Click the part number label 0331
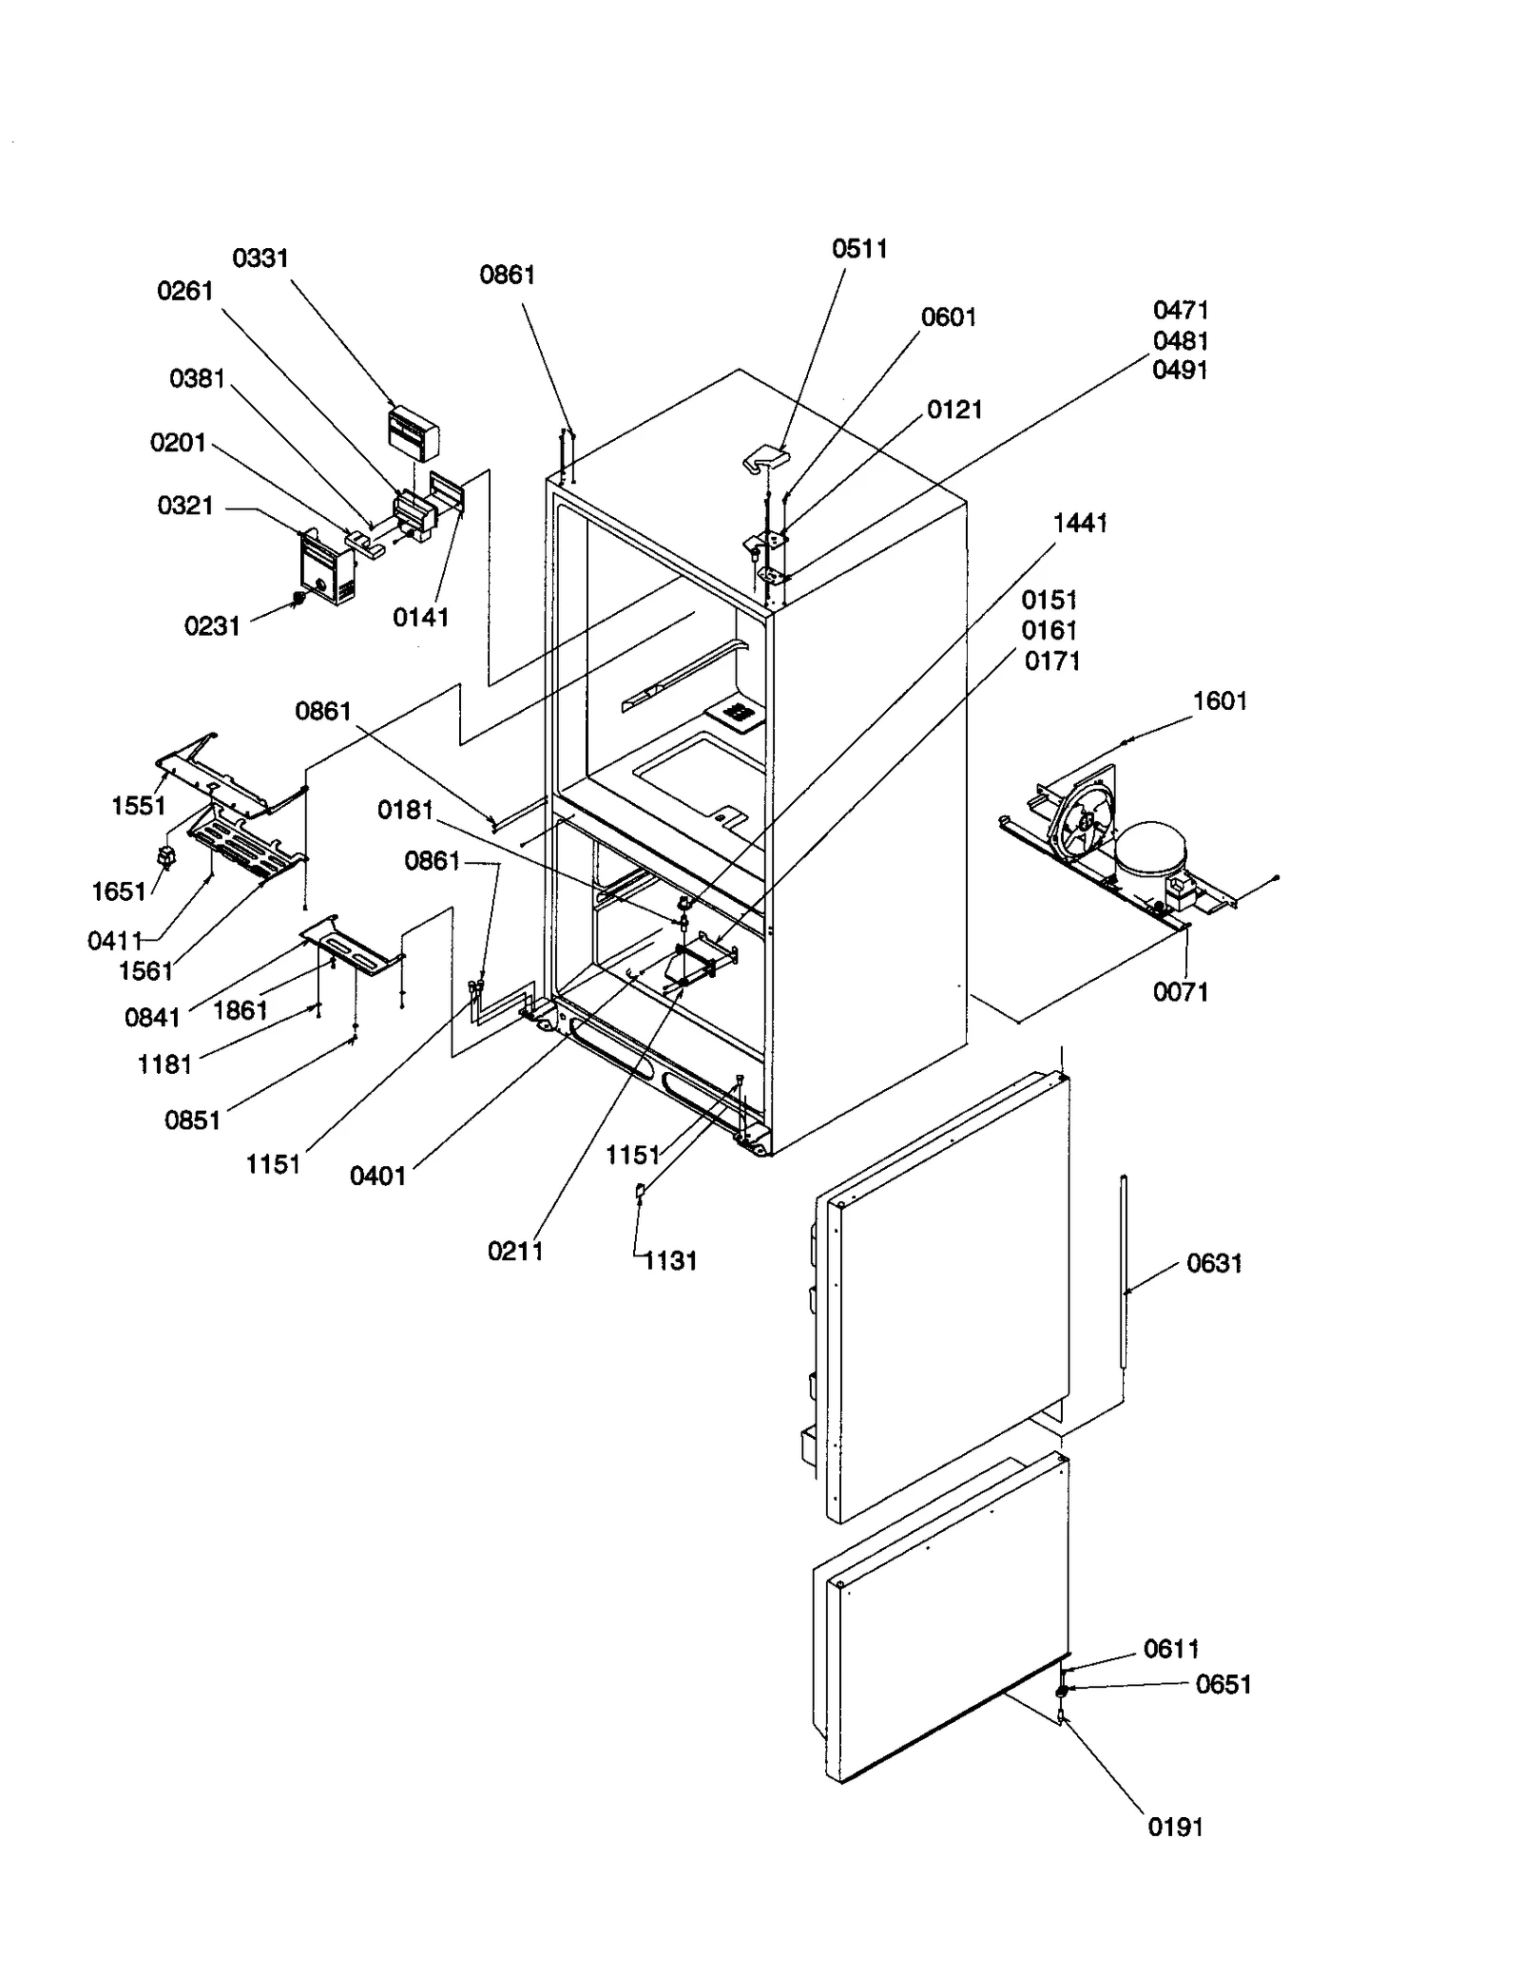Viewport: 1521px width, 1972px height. [x=260, y=258]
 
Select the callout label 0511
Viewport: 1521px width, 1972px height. [x=859, y=249]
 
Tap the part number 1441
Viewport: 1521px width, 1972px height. [x=1080, y=523]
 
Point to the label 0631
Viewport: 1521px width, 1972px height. [x=1214, y=1263]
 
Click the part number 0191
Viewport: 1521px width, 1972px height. [x=1175, y=1827]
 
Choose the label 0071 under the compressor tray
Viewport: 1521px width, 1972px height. [x=1180, y=992]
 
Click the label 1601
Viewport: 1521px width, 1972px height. [x=1220, y=701]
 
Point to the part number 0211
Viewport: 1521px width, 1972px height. [x=515, y=1251]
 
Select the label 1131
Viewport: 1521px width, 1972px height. [x=670, y=1261]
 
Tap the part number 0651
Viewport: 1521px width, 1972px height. [x=1223, y=1684]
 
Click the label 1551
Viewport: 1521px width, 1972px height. [x=139, y=806]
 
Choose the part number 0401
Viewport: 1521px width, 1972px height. [x=377, y=1177]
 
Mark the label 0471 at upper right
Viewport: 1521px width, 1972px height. [x=1181, y=311]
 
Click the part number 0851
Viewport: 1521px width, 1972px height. [x=192, y=1120]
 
